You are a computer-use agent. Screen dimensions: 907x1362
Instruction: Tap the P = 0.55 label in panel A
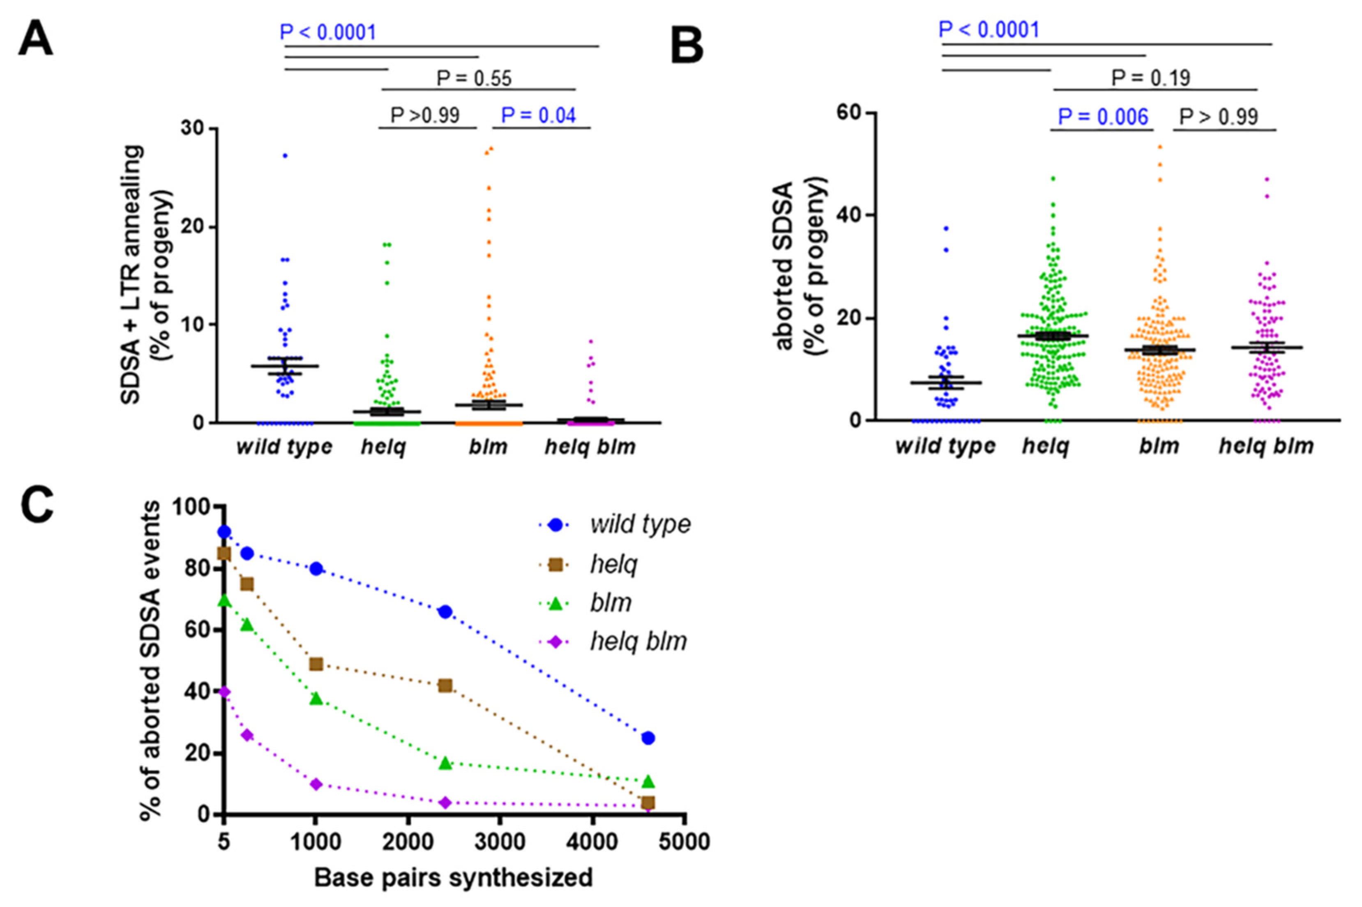pyautogui.click(x=474, y=78)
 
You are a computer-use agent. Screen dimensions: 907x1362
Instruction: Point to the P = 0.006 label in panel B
pyautogui.click(x=1102, y=117)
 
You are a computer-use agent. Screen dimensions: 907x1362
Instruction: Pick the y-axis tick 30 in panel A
pyautogui.click(x=194, y=128)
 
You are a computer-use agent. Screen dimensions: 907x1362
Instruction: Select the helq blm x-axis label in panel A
pyautogui.click(x=590, y=447)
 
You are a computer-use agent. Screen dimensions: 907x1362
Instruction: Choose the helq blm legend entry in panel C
pyautogui.click(x=638, y=642)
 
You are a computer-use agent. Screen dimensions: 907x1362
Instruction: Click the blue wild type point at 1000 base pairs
pyautogui.click(x=316, y=569)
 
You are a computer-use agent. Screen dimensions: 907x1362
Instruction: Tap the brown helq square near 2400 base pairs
pyautogui.click(x=445, y=686)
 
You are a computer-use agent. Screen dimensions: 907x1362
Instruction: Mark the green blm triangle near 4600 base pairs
pyautogui.click(x=648, y=782)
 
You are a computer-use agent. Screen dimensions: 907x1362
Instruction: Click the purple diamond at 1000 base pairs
pyautogui.click(x=316, y=785)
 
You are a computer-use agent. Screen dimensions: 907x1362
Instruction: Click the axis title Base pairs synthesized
pyautogui.click(x=454, y=877)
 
